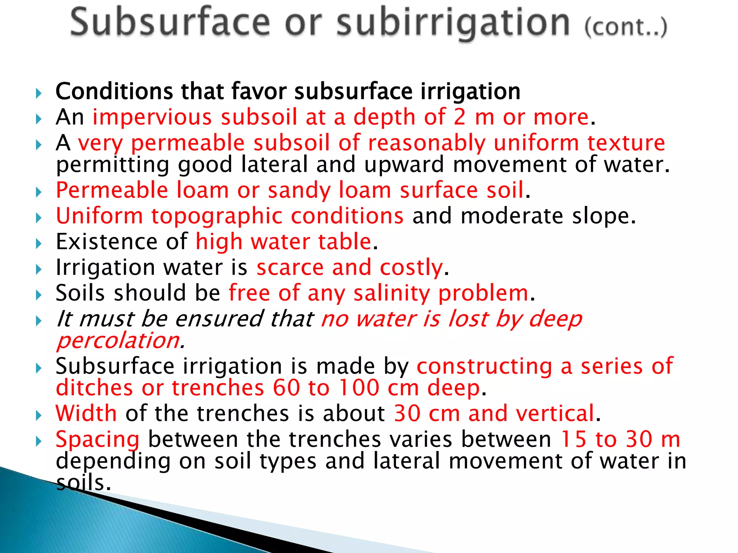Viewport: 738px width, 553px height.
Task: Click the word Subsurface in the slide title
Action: point(170,22)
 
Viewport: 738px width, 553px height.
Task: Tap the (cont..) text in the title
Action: point(626,26)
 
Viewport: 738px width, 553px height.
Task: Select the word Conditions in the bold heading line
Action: point(114,91)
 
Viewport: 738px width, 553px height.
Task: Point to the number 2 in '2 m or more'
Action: point(459,117)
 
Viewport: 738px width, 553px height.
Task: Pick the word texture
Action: point(626,143)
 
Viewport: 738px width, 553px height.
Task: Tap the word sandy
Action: point(299,190)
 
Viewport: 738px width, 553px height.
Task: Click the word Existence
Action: point(107,242)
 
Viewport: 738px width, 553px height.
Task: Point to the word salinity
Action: point(392,293)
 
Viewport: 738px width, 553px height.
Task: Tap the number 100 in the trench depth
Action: point(359,388)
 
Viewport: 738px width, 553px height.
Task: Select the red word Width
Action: point(86,413)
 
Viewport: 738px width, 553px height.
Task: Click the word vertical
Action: point(555,413)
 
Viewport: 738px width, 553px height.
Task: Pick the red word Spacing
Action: point(97,439)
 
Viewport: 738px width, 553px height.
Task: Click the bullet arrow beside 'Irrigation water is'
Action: point(39,269)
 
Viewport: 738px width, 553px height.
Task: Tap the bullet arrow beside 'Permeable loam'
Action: point(39,192)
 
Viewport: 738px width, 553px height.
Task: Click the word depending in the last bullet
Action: point(113,462)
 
